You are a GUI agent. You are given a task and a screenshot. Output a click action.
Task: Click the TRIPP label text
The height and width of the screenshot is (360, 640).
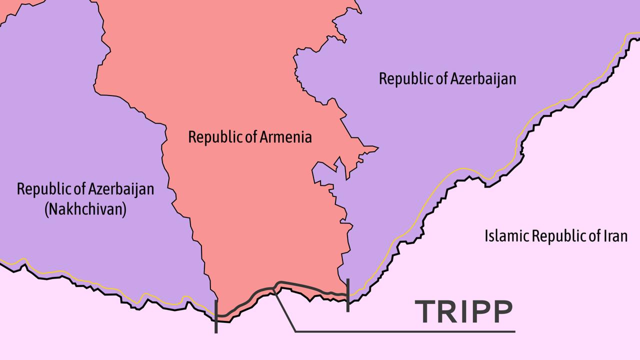click(x=463, y=311)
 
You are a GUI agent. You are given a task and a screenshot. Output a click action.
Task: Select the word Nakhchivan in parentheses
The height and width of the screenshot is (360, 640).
click(x=85, y=209)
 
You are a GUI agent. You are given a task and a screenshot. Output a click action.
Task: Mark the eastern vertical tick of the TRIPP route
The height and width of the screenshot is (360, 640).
click(x=347, y=295)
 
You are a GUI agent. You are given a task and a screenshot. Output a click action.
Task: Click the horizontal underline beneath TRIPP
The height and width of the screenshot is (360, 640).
click(x=405, y=331)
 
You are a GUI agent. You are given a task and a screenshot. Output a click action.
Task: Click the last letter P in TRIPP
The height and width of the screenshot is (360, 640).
click(x=501, y=311)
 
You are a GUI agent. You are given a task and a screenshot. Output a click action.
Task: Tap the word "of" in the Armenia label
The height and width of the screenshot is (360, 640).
click(x=250, y=136)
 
